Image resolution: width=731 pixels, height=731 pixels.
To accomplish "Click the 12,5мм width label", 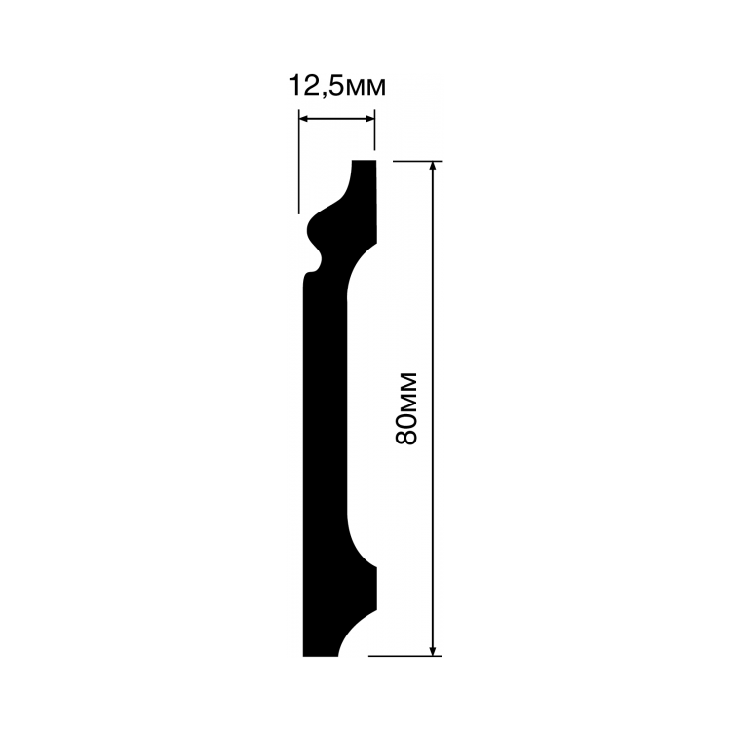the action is coord(338,86).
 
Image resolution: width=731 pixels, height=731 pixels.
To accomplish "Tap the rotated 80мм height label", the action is coord(405,408).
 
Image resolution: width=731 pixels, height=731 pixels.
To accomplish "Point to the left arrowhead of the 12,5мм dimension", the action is coord(304,119).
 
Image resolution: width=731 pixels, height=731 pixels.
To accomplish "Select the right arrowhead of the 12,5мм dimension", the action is coord(369,119).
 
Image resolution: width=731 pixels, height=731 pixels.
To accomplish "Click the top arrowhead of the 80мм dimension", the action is coord(433,167).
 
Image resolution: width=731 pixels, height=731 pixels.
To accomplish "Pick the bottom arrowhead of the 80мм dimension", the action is coord(433,650).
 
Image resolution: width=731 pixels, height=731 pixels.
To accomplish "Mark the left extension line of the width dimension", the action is coord(299,162).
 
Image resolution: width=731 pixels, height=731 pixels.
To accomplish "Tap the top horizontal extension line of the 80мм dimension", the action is coord(418,161).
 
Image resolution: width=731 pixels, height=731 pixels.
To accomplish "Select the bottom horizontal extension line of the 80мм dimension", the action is coord(405,656).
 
